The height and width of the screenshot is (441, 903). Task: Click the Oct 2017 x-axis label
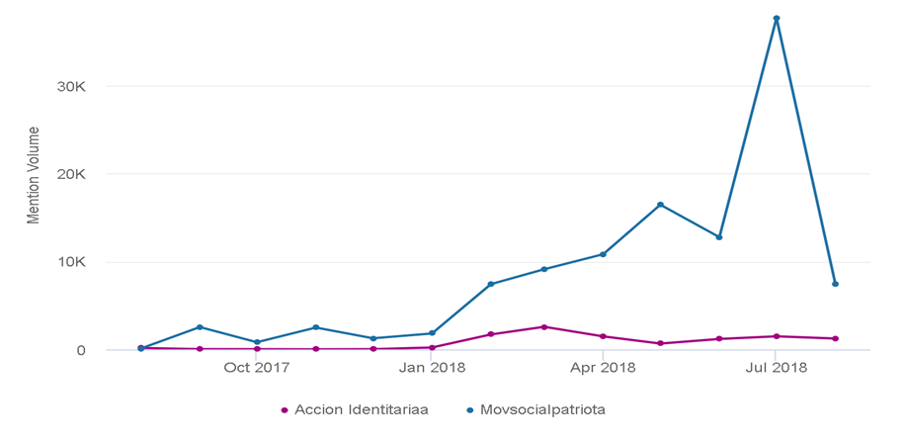[x=257, y=368]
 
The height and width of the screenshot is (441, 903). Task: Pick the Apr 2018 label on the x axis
[x=603, y=368]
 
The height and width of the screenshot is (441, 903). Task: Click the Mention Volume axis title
[x=34, y=175]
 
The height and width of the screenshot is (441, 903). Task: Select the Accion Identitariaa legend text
[x=362, y=409]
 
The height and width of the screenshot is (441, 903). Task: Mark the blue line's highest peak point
[x=777, y=18]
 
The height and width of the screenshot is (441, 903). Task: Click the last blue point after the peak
[x=836, y=284]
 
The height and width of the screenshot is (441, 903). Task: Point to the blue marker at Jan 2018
[x=432, y=333]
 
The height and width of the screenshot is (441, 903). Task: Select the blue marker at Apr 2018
[x=603, y=254]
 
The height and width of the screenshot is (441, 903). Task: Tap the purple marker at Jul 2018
[x=777, y=336]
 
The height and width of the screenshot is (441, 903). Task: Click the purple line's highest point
[x=544, y=326]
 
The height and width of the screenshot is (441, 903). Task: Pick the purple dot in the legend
[x=285, y=409]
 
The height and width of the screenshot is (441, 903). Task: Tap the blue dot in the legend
[x=468, y=409]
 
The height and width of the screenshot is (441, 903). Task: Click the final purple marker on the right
[x=836, y=338]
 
